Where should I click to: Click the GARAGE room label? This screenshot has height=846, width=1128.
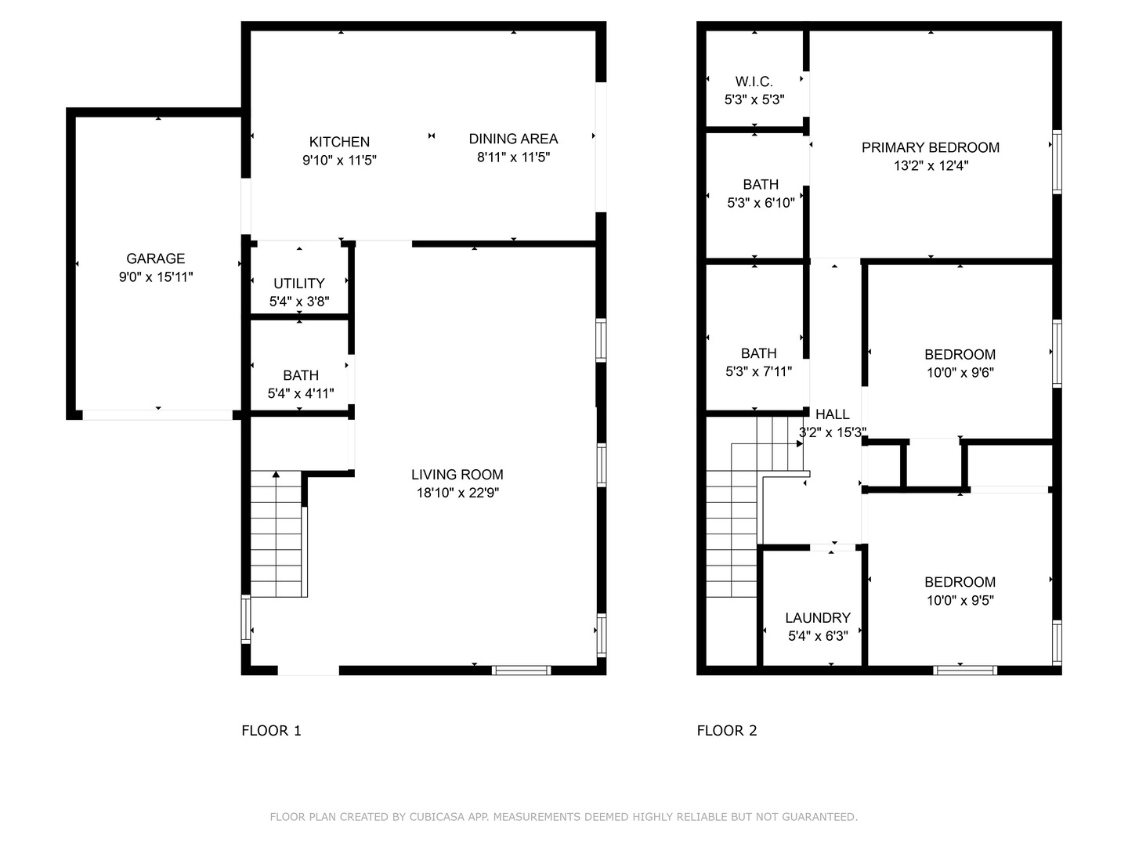click(156, 258)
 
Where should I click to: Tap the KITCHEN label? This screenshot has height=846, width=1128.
click(339, 142)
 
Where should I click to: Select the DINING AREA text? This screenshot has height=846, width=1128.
click(513, 139)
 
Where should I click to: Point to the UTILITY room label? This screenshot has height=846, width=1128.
click(298, 284)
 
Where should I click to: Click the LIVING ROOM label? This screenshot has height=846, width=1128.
click(457, 475)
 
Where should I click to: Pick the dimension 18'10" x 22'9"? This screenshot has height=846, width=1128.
click(457, 493)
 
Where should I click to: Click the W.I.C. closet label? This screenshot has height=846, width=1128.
click(754, 81)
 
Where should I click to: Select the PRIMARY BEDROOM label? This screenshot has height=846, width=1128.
click(930, 147)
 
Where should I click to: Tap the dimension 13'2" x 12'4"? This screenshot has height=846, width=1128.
click(930, 165)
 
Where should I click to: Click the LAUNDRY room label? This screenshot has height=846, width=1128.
click(817, 618)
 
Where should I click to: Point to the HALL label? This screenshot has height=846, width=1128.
click(832, 414)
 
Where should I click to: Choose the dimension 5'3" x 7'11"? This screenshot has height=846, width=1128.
click(758, 371)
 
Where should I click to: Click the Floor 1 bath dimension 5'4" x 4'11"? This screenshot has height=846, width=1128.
click(301, 393)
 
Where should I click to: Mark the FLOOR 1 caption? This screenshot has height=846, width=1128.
click(271, 731)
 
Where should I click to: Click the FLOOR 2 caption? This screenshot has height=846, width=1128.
click(727, 731)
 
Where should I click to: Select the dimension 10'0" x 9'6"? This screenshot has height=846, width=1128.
click(960, 373)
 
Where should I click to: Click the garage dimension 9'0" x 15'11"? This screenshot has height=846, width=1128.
click(156, 277)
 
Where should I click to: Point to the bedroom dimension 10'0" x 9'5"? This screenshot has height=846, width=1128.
click(960, 600)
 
